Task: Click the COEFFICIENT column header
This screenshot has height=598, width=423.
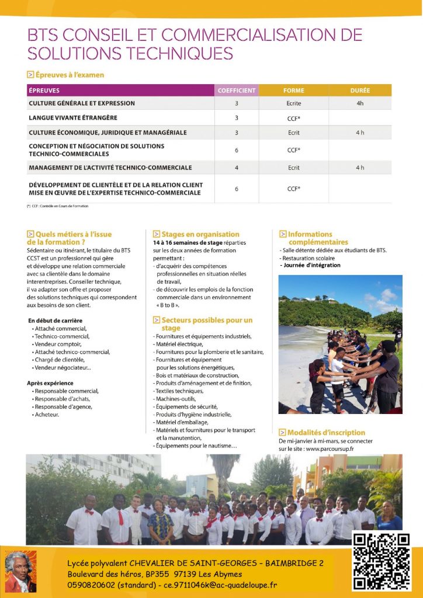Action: tap(237, 91)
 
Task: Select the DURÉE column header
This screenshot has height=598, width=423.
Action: tap(360, 91)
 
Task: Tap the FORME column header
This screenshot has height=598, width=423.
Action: tap(294, 91)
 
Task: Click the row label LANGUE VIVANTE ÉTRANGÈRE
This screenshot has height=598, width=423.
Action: tap(73, 118)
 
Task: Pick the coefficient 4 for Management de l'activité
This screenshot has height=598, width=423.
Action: tap(237, 168)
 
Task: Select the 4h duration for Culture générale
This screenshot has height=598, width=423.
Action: tap(360, 103)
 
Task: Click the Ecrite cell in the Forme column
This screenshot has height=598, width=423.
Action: tap(294, 103)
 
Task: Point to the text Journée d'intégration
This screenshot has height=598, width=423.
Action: tap(311, 265)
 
